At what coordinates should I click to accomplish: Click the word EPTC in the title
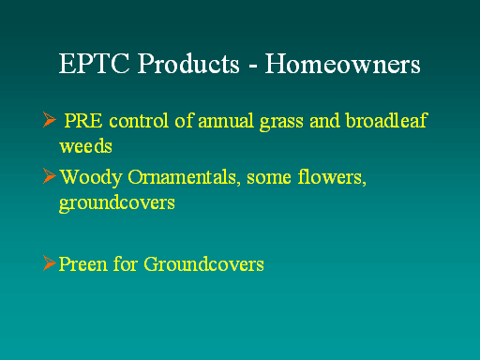point(94,64)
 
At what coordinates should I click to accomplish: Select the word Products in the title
point(188,63)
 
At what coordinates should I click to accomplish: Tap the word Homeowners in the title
point(343,64)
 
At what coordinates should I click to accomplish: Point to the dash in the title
point(253,67)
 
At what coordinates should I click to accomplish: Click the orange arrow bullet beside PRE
point(50,119)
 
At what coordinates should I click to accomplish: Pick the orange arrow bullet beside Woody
point(50,176)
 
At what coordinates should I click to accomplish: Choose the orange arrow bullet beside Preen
point(50,263)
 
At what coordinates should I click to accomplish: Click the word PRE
point(83,121)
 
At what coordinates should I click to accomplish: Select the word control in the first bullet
point(139,121)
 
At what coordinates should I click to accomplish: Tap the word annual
point(226,121)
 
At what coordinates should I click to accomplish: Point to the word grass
point(281,123)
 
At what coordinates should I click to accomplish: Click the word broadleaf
point(386,120)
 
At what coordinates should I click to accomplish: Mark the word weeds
point(85,146)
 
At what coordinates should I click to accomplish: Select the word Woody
point(91,178)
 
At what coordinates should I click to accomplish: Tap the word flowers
point(332,177)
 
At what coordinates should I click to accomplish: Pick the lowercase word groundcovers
point(117,204)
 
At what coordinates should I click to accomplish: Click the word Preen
point(83,264)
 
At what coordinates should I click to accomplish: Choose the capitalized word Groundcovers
point(203,264)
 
